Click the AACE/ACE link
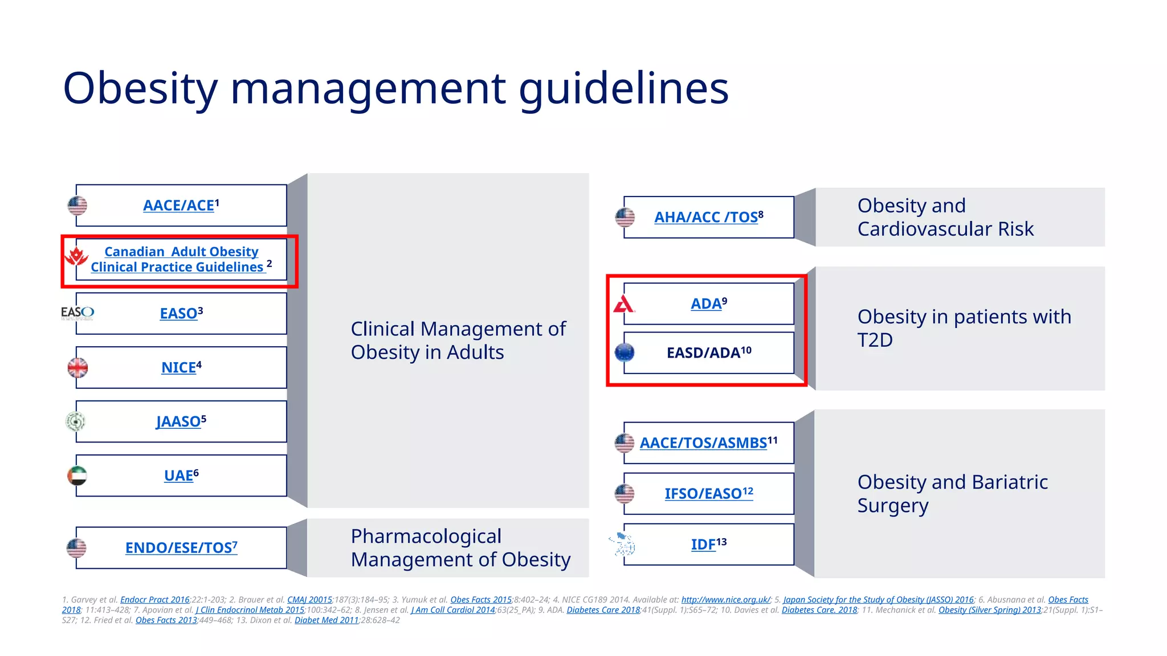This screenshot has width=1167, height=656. pyautogui.click(x=178, y=206)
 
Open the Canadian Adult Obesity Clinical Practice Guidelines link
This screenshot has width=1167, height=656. pyautogui.click(x=181, y=260)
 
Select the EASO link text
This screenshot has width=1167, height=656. pyautogui.click(x=178, y=314)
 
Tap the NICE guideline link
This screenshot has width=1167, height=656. pyautogui.click(x=178, y=368)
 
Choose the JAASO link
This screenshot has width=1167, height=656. pyautogui.click(x=178, y=422)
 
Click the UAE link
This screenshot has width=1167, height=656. pyautogui.click(x=178, y=475)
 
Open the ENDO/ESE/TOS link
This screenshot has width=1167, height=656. pyautogui.click(x=178, y=548)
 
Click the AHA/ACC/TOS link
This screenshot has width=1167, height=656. pyautogui.click(x=705, y=218)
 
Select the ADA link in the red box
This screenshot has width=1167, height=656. pyautogui.click(x=706, y=304)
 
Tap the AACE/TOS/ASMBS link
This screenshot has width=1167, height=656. pyautogui.click(x=703, y=443)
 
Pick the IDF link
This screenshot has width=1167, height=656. pyautogui.click(x=703, y=545)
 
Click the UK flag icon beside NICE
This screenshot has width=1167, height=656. pyautogui.click(x=78, y=368)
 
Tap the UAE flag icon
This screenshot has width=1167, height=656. pyautogui.click(x=77, y=475)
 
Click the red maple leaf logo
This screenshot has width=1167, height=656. pyautogui.click(x=76, y=256)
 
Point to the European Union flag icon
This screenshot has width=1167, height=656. pyautogui.click(x=625, y=352)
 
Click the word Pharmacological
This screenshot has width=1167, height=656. pyautogui.click(x=426, y=536)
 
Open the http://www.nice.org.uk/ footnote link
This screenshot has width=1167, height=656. pyautogui.click(x=725, y=600)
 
